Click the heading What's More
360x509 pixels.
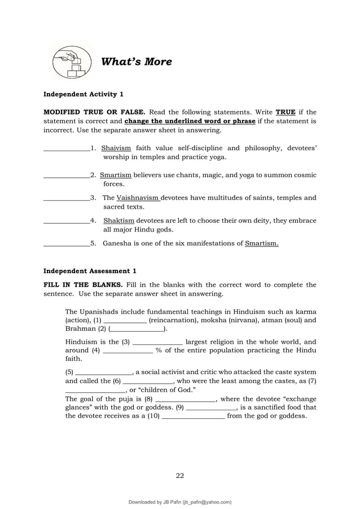point(135,62)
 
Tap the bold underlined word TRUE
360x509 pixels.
point(285,112)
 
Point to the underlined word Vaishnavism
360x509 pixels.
point(138,198)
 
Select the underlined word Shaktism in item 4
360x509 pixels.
point(119,221)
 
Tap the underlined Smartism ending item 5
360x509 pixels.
point(262,244)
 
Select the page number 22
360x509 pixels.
point(180,475)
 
